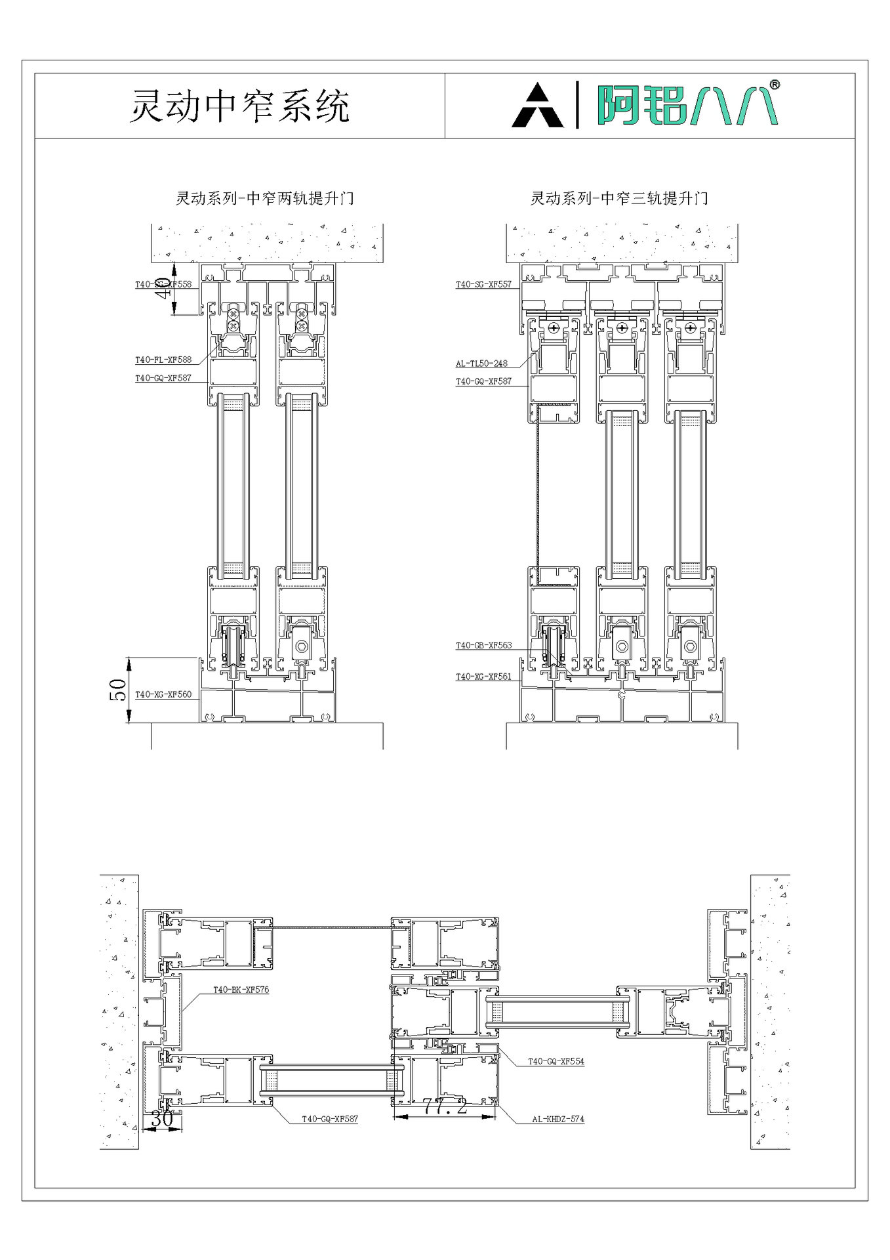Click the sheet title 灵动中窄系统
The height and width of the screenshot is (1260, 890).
click(239, 106)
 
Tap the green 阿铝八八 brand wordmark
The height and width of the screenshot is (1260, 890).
click(686, 105)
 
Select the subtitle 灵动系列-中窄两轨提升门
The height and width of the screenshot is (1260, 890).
click(265, 198)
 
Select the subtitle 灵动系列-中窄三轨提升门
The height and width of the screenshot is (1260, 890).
click(619, 198)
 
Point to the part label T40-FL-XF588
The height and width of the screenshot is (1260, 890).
click(163, 360)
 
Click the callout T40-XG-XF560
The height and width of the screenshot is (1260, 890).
click(163, 694)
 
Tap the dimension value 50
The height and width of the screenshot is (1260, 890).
click(119, 690)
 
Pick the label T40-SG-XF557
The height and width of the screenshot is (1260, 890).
click(483, 284)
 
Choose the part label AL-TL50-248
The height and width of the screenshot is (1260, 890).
click(481, 363)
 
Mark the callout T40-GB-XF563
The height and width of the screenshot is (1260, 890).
click(483, 645)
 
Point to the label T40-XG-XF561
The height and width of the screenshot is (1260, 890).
click(483, 676)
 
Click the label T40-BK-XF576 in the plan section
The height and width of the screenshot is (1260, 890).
click(241, 990)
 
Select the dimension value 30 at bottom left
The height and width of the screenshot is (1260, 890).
click(161, 1119)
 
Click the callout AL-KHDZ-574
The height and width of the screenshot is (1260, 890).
click(557, 1119)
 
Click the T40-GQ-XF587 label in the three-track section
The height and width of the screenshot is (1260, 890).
click(483, 381)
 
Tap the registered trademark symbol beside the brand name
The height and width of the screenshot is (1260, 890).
click(775, 85)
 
